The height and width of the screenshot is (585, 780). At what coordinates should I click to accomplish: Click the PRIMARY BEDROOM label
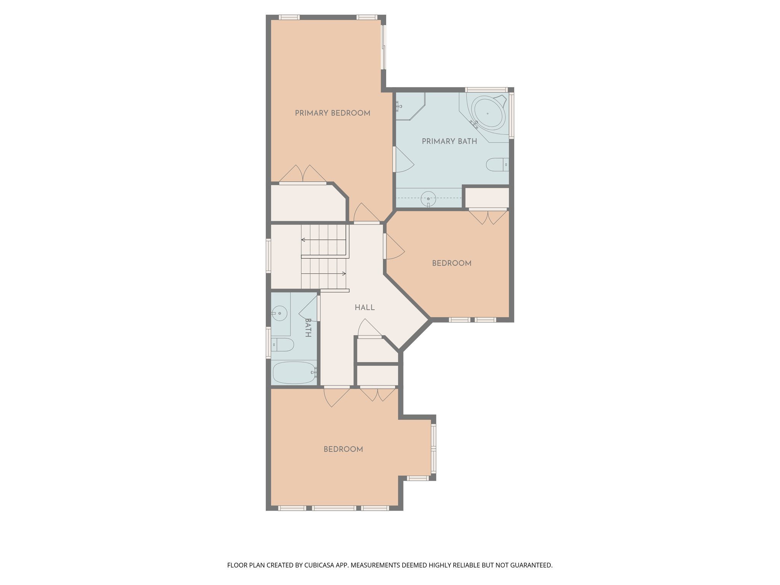[x=332, y=113]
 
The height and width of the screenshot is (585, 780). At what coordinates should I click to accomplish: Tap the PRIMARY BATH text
[x=449, y=141]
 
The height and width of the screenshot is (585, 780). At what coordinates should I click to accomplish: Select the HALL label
[x=364, y=307]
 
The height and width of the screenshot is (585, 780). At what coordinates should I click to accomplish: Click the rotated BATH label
[x=308, y=328]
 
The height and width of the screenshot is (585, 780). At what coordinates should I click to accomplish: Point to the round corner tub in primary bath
[x=489, y=113]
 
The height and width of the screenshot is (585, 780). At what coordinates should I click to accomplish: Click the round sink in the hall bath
[x=280, y=313]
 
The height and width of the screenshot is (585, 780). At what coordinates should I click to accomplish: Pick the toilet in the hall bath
[x=283, y=345]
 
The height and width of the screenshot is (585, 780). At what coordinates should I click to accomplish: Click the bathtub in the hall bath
[x=294, y=372]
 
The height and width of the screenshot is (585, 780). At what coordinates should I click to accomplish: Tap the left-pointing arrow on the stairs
[x=304, y=240]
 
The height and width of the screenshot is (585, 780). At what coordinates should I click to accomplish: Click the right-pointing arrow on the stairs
[x=344, y=273]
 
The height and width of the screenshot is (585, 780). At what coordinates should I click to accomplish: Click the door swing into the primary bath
[x=404, y=161]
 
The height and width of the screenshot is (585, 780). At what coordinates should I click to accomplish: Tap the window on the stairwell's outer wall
[x=268, y=256]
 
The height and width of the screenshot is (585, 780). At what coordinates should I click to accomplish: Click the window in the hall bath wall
[x=268, y=342]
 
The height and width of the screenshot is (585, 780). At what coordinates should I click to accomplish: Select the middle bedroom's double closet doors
[x=488, y=216]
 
